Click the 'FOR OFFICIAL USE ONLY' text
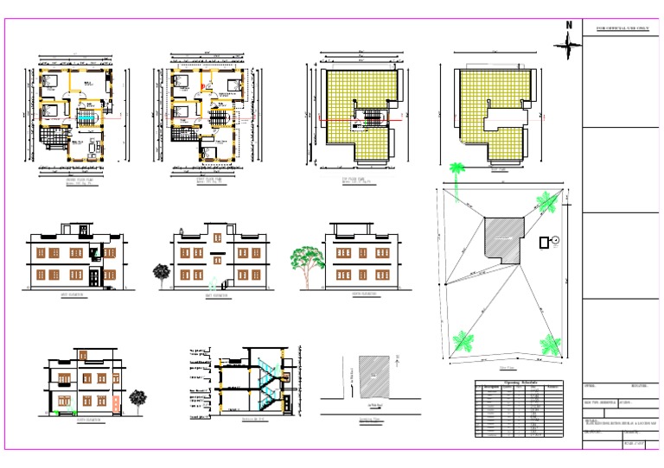click(622, 29)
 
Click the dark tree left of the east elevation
click(161, 272)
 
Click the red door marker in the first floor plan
click(203, 87)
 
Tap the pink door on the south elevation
click(116, 403)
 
